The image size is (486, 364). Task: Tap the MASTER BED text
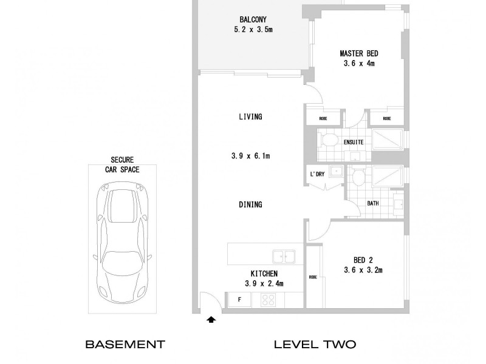[363, 53]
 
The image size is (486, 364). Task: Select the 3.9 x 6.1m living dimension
[250, 156]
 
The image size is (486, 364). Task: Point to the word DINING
[250, 204]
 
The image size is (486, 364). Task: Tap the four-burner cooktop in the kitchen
[269, 299]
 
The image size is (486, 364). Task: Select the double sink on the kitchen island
[283, 257]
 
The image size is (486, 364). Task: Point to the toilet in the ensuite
[329, 141]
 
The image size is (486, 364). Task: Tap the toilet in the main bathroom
[358, 177]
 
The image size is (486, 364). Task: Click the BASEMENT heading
[125, 345]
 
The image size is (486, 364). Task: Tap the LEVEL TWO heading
[315, 345]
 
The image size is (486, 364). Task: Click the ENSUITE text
[353, 142]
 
